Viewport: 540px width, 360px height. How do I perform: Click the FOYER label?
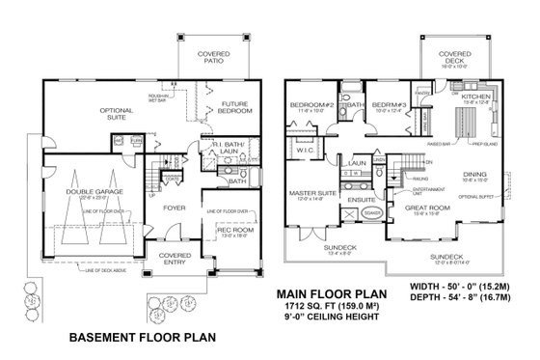coord(174,207)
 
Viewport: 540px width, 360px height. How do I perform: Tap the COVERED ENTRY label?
coord(175,260)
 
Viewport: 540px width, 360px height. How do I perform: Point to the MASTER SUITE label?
coord(312,194)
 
